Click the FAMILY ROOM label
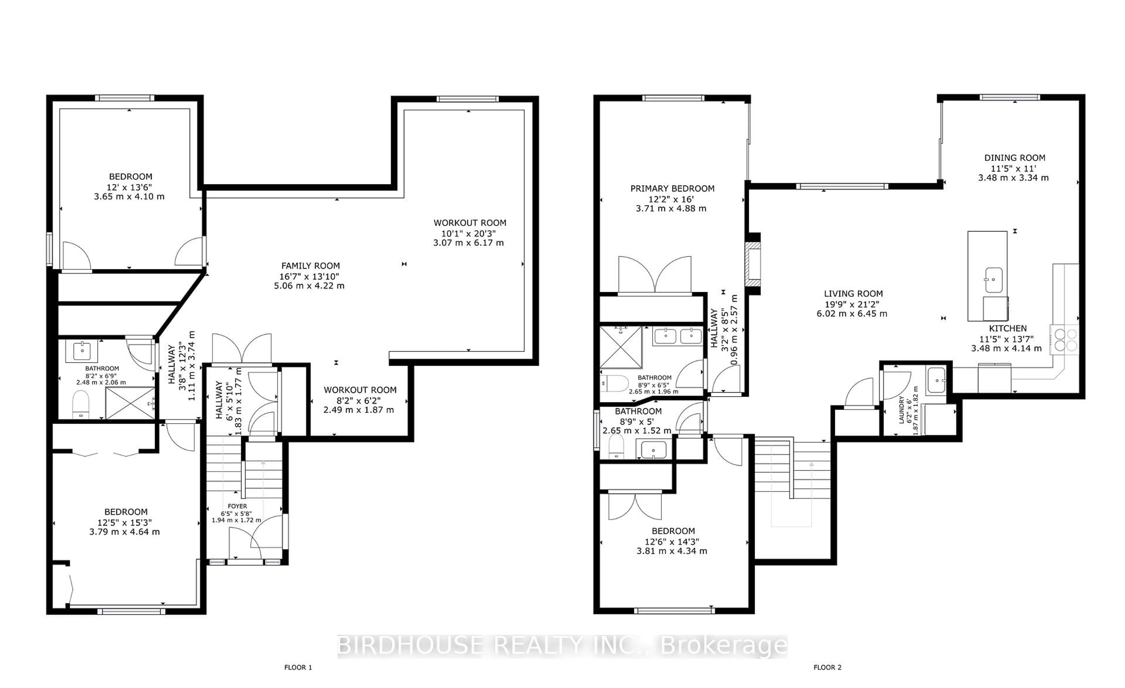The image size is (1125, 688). (311, 266)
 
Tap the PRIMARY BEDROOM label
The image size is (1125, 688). (672, 188)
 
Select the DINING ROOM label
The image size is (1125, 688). (1015, 158)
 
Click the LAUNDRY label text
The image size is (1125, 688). (902, 410)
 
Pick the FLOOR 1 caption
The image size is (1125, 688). (298, 667)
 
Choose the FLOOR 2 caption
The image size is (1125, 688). (827, 667)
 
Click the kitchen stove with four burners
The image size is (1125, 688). (1064, 340)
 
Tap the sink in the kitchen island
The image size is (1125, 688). (993, 280)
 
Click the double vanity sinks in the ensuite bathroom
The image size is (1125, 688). (678, 336)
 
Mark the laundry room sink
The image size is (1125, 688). (936, 380)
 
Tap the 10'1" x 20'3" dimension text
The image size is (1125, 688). (469, 233)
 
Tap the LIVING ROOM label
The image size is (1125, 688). (853, 294)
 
